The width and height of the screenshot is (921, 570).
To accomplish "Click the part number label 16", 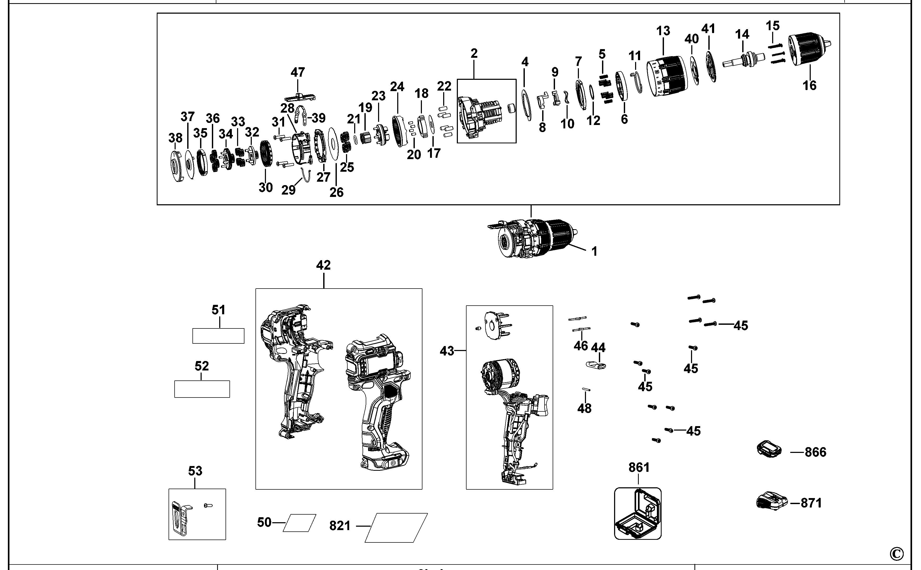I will tap(809, 86).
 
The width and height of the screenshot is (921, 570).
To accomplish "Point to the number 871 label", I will tap(811, 503).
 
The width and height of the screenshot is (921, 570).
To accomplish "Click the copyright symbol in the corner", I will tap(897, 554).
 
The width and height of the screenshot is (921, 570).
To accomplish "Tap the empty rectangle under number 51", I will tap(218, 336).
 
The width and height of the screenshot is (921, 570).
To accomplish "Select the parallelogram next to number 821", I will tap(396, 527).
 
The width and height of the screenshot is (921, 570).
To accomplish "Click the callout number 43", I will tap(447, 351).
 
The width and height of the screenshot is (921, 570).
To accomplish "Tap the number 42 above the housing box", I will tap(323, 265).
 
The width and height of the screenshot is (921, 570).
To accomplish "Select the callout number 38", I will tap(175, 138).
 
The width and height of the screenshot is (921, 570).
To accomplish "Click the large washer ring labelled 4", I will tap(526, 105).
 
